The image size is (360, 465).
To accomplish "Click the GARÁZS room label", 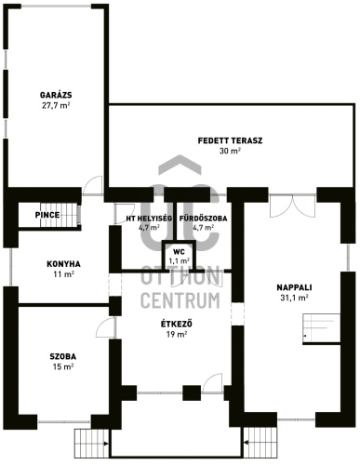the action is [56, 95].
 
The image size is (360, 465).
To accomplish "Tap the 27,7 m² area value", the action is [56, 105].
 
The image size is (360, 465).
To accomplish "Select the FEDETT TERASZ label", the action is [230, 140].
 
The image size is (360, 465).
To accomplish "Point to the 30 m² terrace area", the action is [230, 152].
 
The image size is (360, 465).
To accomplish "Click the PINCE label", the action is [47, 215].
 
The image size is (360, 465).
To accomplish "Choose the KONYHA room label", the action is [63, 264].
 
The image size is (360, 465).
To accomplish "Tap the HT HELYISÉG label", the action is [149, 219].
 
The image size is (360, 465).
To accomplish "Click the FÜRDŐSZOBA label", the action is [204, 219].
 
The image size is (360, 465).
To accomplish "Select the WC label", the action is [179, 251].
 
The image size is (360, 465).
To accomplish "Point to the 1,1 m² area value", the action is [180, 260].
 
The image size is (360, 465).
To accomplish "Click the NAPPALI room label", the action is [294, 287].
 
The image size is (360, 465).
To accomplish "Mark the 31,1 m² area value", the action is [294, 298].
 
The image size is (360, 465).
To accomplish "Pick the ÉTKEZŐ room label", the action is [177, 325].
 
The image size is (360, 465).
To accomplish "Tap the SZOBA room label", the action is [63, 357].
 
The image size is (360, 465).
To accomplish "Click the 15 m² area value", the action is [63, 367].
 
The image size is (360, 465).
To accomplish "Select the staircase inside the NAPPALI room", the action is [322, 328].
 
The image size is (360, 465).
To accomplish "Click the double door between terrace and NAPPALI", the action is [293, 206].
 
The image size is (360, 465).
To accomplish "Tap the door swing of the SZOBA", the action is [106, 327].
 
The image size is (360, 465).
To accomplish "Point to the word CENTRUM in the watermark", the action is [180, 299].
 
